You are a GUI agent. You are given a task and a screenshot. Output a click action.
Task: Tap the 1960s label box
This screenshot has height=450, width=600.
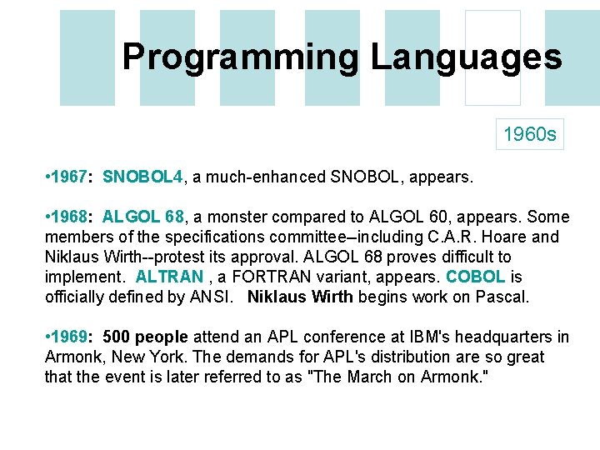coord(530,133)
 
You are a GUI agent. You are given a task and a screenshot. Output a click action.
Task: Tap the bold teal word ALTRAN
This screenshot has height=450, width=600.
coord(169,277)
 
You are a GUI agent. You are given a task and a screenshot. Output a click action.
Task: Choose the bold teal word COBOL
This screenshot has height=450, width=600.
coord(476,277)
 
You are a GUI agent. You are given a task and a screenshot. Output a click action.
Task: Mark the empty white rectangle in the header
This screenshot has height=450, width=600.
coord(492,57)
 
